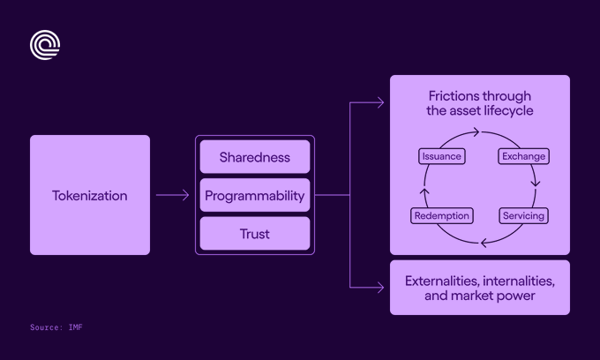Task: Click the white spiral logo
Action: point(45,45)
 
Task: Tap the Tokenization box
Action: point(90,195)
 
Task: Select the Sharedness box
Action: point(255,157)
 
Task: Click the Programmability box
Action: point(255,195)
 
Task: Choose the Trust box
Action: point(255,233)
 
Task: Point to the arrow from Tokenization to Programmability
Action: point(172,195)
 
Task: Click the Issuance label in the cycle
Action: point(442,156)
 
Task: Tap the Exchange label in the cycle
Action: point(523,156)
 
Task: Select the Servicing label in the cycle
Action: point(523,216)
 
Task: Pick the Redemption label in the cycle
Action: point(442,216)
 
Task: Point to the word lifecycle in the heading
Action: point(508,110)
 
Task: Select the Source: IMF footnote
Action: point(56,327)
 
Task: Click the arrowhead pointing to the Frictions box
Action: point(381,102)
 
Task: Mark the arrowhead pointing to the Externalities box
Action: point(381,288)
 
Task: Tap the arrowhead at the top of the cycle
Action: point(476,132)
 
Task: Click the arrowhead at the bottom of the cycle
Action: point(484,243)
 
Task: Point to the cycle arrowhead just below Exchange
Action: point(536,183)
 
